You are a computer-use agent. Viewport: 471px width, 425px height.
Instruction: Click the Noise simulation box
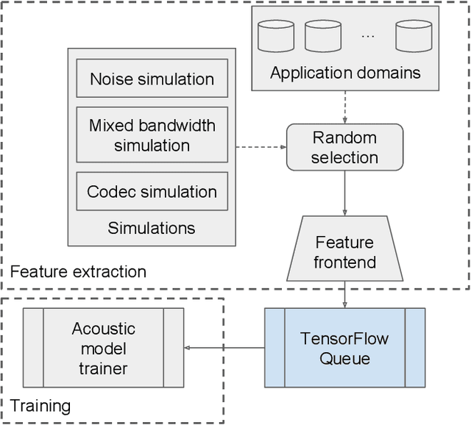pyautogui.click(x=152, y=79)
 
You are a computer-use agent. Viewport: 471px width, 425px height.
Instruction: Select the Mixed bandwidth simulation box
pyautogui.click(x=152, y=135)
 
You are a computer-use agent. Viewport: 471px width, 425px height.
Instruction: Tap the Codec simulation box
pyautogui.click(x=152, y=191)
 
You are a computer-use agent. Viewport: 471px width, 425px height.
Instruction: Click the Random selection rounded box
pyautogui.click(x=344, y=147)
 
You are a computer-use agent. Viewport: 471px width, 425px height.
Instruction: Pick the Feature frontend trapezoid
pyautogui.click(x=344, y=251)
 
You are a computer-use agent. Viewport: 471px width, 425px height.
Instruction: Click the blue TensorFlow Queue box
pyautogui.click(x=344, y=348)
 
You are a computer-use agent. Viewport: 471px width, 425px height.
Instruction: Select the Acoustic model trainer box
pyautogui.click(x=103, y=348)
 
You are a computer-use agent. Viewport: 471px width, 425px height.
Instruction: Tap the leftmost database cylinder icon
pyautogui.click(x=276, y=35)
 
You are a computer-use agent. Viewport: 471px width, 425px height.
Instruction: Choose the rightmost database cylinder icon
pyautogui.click(x=413, y=35)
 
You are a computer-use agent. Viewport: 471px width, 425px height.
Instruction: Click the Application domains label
pyautogui.click(x=345, y=72)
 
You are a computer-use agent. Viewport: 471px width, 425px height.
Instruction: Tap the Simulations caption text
pyautogui.click(x=152, y=227)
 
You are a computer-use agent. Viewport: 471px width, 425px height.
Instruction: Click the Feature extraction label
pyautogui.click(x=78, y=271)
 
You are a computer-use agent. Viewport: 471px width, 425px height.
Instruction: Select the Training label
pyautogui.click(x=40, y=405)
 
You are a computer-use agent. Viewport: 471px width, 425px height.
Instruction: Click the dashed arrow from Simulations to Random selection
pyautogui.click(x=261, y=147)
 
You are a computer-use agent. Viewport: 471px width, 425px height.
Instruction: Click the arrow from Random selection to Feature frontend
pyautogui.click(x=344, y=193)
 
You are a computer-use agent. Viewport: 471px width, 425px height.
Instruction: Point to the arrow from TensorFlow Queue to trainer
pyautogui.click(x=224, y=348)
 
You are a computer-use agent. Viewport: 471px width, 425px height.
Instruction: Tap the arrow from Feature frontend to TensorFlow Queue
pyautogui.click(x=344, y=295)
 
